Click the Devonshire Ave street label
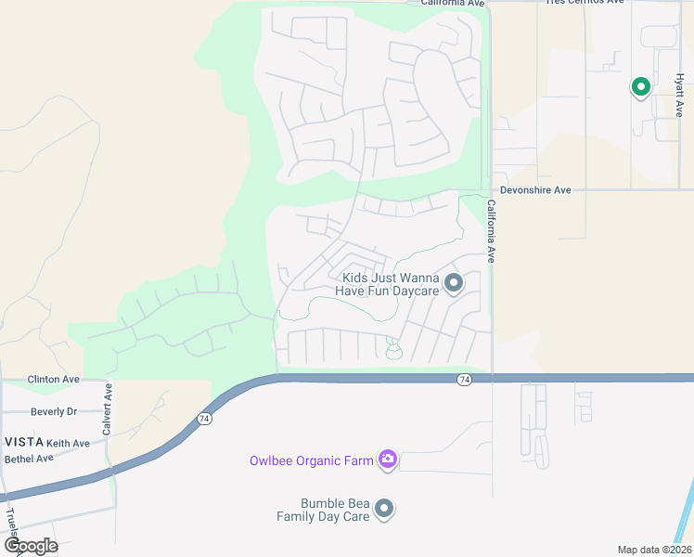tap(535, 189)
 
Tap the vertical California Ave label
tap(492, 233)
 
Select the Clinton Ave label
tap(53, 380)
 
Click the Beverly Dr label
tap(53, 411)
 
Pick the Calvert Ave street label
tap(108, 408)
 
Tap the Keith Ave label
tap(68, 444)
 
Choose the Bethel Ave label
tap(29, 459)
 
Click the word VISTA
tap(21, 443)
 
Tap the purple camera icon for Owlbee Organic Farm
tap(388, 459)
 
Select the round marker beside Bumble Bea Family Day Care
tap(384, 509)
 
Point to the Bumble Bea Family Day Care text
tap(322, 510)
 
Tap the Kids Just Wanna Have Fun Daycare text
tap(390, 284)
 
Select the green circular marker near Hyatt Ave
tap(640, 87)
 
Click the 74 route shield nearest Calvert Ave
tap(203, 420)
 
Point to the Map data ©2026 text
tap(654, 550)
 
